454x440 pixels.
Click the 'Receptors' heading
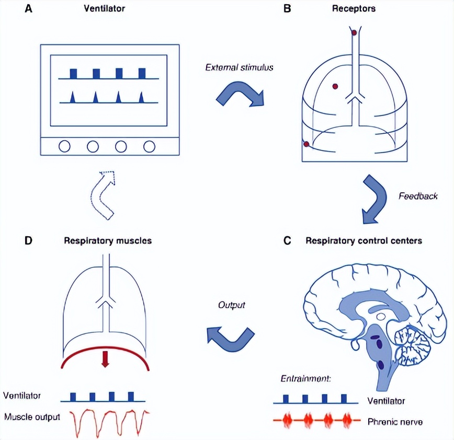point(354,9)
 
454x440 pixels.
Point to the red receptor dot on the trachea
point(354,33)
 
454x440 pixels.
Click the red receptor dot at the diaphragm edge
point(307,144)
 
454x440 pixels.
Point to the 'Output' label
point(231,304)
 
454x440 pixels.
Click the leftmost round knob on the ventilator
point(64,146)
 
